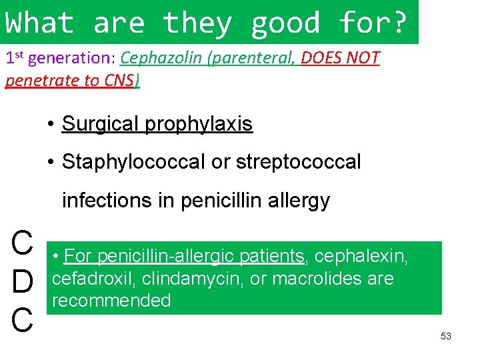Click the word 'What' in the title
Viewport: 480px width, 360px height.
coord(39,23)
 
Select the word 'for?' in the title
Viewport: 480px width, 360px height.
coord(371,23)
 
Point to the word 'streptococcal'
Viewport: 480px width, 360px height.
coord(287,161)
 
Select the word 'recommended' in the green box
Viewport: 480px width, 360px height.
coord(111,301)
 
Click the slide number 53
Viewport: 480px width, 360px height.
coord(446,336)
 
